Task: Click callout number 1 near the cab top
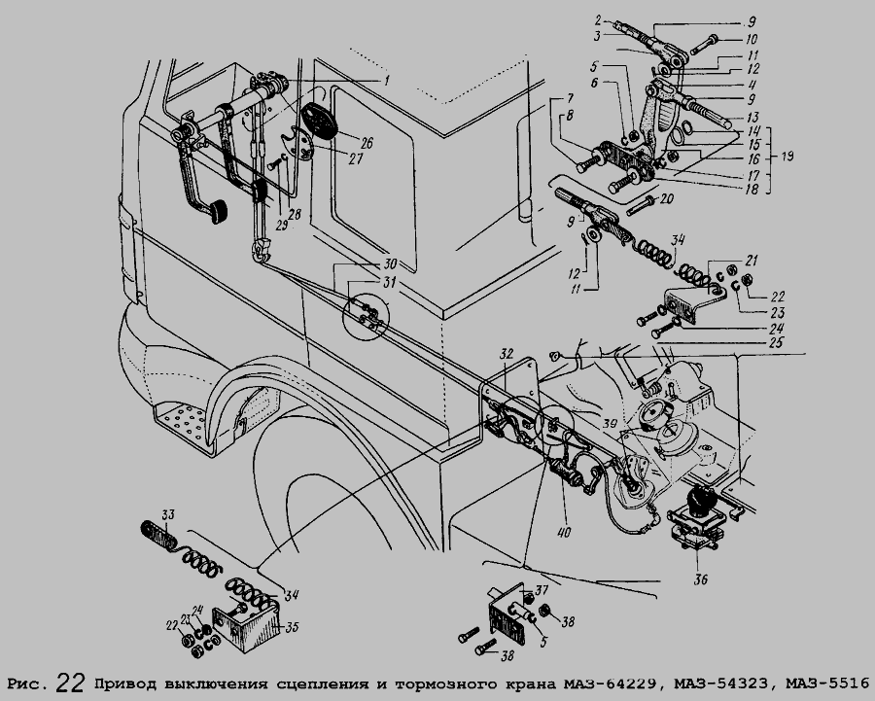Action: coord(386,81)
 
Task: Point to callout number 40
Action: coord(565,533)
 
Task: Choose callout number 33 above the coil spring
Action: coord(168,513)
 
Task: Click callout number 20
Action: coord(666,198)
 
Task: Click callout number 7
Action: coord(562,100)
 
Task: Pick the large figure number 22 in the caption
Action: coord(70,681)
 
